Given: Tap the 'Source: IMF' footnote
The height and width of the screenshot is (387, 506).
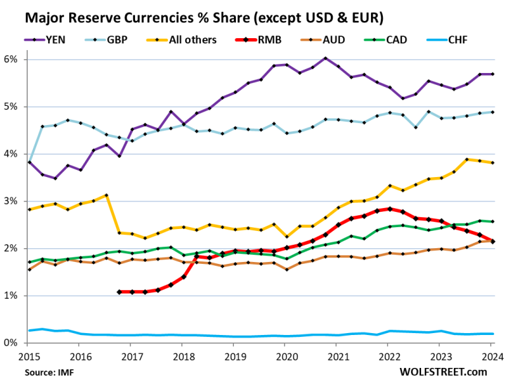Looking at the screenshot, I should coord(49,373).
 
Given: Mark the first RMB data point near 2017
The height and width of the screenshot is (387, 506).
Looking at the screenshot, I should coord(119,292).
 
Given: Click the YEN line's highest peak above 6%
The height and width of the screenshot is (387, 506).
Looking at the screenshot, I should coord(325,58).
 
